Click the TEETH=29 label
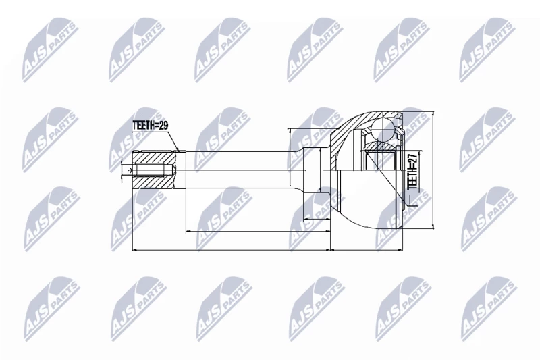click(150, 126)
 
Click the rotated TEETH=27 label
click(412, 171)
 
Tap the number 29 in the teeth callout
click(163, 126)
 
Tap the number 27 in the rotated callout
click(412, 158)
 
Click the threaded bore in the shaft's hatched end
click(149, 170)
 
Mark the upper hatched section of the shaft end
click(153, 158)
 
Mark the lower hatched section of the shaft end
click(153, 182)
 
